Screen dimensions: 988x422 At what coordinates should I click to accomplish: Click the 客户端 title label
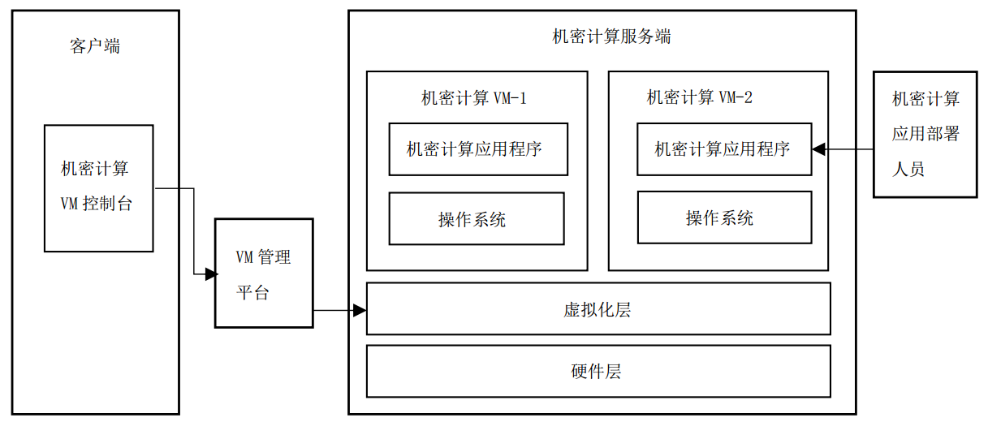click(95, 46)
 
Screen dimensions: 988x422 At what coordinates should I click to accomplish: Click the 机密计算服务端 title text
click(611, 37)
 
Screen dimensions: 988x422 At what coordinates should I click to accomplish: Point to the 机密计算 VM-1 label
click(474, 98)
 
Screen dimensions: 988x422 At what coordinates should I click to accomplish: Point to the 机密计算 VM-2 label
click(700, 97)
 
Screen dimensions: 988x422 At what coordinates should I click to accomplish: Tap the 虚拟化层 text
click(598, 309)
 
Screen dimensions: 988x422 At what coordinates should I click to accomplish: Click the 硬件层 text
click(597, 372)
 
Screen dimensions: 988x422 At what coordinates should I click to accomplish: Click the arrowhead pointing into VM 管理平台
click(211, 273)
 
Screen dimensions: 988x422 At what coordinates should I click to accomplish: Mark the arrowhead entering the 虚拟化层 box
click(360, 311)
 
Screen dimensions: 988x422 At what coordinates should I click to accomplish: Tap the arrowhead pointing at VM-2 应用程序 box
click(819, 149)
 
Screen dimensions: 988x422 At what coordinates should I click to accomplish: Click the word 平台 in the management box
click(252, 292)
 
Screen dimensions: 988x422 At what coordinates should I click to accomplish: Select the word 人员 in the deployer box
click(908, 169)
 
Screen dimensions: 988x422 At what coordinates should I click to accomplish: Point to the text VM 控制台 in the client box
click(96, 203)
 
